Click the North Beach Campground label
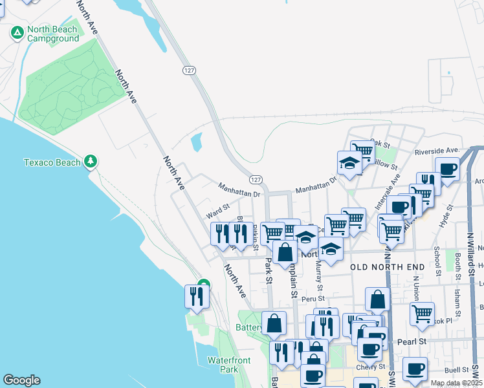(52, 34)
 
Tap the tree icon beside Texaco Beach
(92, 161)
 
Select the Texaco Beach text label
(52, 162)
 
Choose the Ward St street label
(218, 209)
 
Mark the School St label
(438, 259)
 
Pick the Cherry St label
(366, 367)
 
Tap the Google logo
(21, 380)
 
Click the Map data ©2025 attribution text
(456, 383)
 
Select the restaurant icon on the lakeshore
(195, 296)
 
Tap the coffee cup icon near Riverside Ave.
(447, 169)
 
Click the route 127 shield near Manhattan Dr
(256, 179)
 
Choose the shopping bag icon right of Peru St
(378, 299)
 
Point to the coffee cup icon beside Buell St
(415, 369)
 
